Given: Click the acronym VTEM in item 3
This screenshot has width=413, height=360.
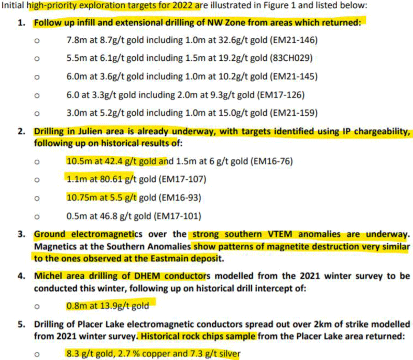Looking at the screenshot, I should point(260,234).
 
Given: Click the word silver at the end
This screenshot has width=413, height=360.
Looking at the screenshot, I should point(226,354).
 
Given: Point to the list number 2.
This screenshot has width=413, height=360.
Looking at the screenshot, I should point(21,132).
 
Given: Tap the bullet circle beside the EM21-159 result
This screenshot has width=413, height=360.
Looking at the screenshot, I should point(37,113).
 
